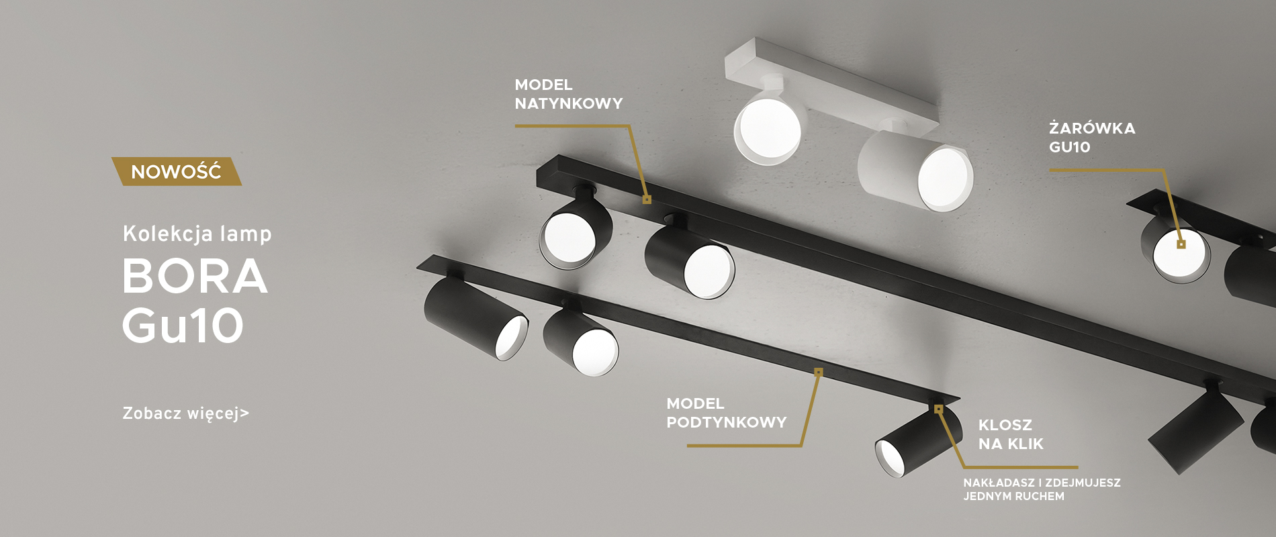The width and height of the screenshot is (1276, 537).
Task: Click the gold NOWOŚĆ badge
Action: [x=176, y=172]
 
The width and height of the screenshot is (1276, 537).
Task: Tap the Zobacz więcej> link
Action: [x=186, y=413]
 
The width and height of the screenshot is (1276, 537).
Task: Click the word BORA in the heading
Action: [x=195, y=276]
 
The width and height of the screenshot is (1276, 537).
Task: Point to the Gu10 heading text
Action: [x=183, y=326]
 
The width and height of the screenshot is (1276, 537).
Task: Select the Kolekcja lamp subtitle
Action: [x=197, y=234]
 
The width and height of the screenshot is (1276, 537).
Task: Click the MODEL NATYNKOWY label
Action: [x=569, y=94]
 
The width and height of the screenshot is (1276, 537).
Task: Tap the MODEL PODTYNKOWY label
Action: [x=727, y=413]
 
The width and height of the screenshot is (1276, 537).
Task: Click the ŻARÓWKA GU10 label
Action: [x=1092, y=138]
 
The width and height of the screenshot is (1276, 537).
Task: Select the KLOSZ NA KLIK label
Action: [x=1011, y=434]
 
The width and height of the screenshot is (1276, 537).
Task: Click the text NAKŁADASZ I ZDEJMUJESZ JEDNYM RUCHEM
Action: [x=1042, y=489]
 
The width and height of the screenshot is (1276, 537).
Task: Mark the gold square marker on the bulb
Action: [x=1181, y=244]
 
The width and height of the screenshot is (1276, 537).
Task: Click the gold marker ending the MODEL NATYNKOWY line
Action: [x=647, y=199]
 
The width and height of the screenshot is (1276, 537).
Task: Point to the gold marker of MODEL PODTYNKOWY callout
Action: [x=818, y=372]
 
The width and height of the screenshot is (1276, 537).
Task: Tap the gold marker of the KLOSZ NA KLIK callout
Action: [x=938, y=409]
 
